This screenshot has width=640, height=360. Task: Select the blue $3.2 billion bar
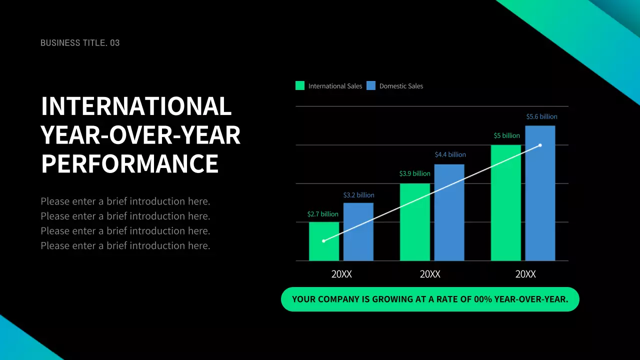pos(358,231)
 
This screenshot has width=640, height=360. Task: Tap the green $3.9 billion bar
pos(415,222)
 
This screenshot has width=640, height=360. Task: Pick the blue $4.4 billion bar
pos(449,212)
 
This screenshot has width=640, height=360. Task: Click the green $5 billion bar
pos(506,202)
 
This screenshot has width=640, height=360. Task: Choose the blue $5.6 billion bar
pos(540,193)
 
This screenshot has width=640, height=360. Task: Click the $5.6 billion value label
pos(541,116)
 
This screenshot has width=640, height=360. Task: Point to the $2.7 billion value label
pos(322,214)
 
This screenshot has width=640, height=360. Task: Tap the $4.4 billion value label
pos(450,154)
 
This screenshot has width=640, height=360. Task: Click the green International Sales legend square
pos(300,85)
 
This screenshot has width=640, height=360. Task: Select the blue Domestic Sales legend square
pos(371,85)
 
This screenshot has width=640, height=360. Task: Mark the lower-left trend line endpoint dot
pos(323,241)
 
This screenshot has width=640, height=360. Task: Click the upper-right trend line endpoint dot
pos(540,145)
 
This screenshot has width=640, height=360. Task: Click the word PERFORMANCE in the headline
pos(130,164)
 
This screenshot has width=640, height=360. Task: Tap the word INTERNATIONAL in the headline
pos(136,106)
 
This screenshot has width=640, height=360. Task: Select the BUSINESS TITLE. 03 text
pos(80,43)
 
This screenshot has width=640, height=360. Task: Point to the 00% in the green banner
pos(483,299)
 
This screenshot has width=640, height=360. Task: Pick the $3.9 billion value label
pos(414,173)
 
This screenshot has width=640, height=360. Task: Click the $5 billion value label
pos(506,135)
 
